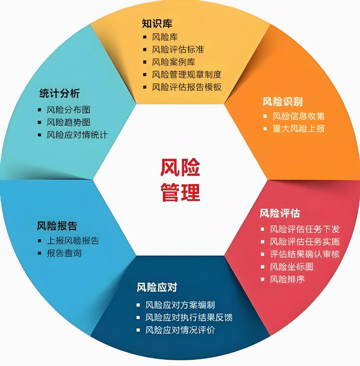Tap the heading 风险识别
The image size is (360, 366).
coord(282,102)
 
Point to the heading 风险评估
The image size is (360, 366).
coord(280,213)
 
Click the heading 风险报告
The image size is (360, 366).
coord(57,226)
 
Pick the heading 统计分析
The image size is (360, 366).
coord(59,94)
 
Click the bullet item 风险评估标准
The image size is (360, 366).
coord(178,49)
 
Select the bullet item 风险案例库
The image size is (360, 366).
coord(174,62)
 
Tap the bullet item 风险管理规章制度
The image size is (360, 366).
coord(186,74)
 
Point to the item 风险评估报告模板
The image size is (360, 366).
coord(186,87)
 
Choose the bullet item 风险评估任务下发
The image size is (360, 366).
coord(305,229)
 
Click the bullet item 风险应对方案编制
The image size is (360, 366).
coord(180,305)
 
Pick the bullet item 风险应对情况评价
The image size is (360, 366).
coord(180,330)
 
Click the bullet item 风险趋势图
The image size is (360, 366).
coord(68,123)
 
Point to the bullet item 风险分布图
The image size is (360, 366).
coord(68,110)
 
